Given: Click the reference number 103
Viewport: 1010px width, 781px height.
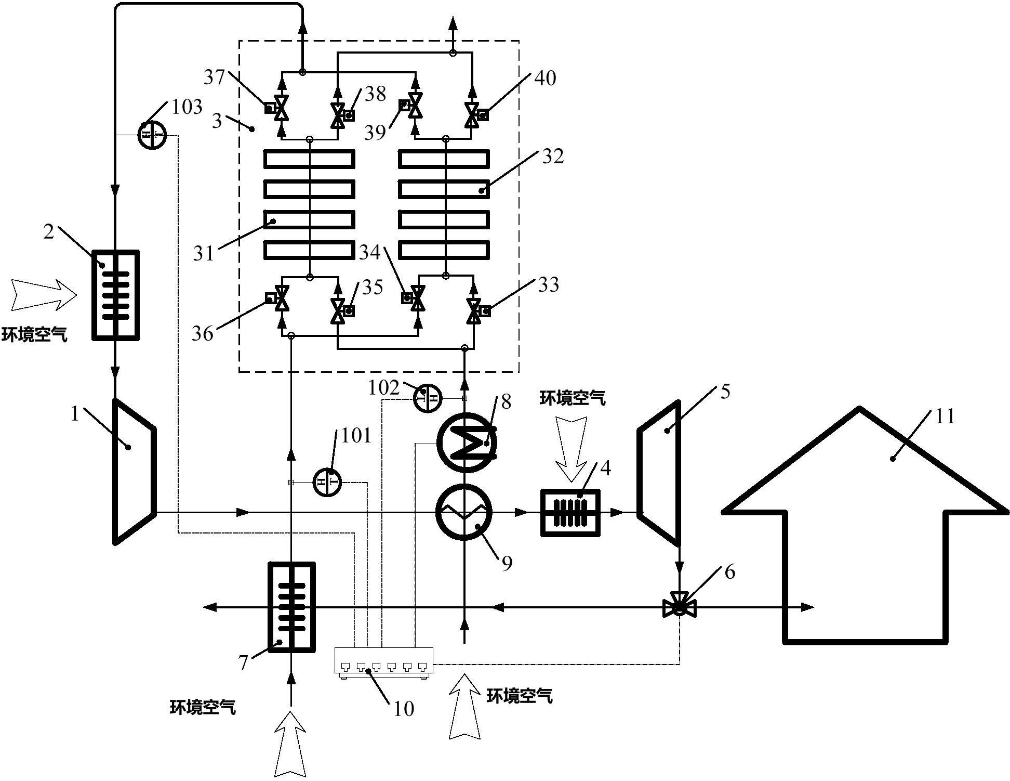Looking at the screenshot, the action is (x=187, y=107).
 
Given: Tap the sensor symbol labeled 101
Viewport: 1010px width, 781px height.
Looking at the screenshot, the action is (x=327, y=482).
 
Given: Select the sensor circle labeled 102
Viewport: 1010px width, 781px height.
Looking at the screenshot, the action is (x=427, y=399).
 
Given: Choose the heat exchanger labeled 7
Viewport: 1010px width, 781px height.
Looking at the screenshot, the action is (x=291, y=607).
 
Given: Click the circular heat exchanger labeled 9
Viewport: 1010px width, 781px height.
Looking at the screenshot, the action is (x=464, y=513).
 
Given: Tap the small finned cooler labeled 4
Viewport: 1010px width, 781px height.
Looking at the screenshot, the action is (x=570, y=513).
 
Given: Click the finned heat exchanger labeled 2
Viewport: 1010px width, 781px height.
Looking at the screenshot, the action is (x=115, y=295).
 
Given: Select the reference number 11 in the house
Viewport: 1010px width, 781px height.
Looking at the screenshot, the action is (x=945, y=416).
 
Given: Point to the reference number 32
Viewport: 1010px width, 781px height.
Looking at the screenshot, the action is (x=552, y=156).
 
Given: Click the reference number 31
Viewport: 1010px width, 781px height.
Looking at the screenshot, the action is (x=203, y=254).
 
